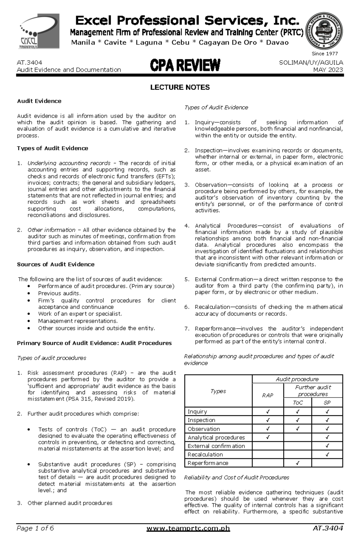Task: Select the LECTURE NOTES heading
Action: tap(180, 87)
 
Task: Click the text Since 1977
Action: tap(325, 54)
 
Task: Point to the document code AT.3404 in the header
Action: tap(29, 62)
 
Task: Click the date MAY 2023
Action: tap(328, 70)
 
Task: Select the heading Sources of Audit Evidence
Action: tap(56, 264)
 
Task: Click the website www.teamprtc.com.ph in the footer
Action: tap(188, 537)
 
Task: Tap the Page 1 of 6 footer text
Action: tap(35, 537)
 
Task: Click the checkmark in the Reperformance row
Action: tap(297, 463)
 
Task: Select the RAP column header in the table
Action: tap(267, 395)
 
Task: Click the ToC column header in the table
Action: tap(298, 403)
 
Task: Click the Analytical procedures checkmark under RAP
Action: tap(268, 437)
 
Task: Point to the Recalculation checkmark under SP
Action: tap(327, 454)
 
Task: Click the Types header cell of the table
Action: tap(218, 391)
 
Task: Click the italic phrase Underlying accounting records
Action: tap(69, 163)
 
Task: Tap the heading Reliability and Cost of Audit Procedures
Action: tap(236, 477)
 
